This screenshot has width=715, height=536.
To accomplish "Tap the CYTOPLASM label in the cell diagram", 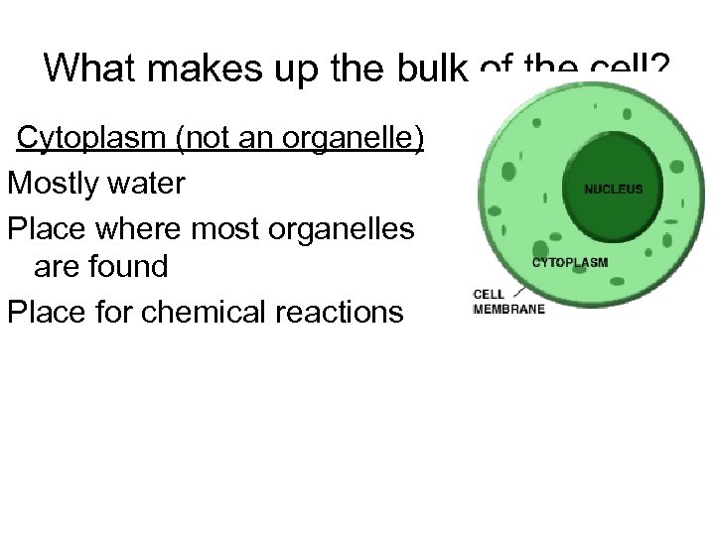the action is [570, 263].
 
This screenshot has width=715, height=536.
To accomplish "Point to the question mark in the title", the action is [659, 68].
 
